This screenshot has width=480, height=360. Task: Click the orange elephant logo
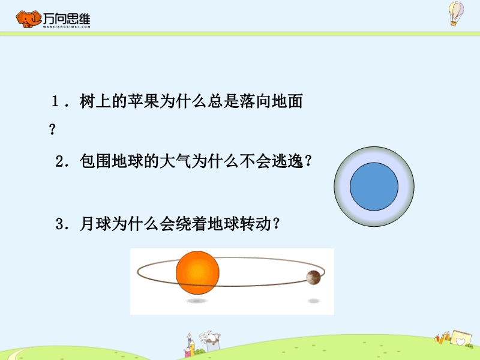[x=28, y=19]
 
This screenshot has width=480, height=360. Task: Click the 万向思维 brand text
[x=67, y=19]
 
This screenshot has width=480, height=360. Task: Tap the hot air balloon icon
[x=456, y=13]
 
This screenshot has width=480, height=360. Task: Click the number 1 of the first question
[x=55, y=101]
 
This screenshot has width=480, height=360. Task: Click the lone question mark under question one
[x=52, y=129]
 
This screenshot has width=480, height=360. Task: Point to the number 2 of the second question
[x=59, y=161]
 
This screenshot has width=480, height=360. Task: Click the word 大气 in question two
[x=175, y=161]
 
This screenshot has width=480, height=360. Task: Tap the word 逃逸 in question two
[x=287, y=161]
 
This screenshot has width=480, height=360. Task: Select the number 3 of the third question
[x=59, y=224]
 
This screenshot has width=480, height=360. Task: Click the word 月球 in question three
[x=95, y=223]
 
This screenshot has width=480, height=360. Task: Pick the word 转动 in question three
[x=255, y=223]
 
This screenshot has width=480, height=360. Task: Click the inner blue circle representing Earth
[x=374, y=187]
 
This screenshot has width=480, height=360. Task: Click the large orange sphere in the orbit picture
[x=197, y=272]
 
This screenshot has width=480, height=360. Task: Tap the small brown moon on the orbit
[x=313, y=278]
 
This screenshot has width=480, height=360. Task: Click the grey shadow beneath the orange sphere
[x=197, y=301]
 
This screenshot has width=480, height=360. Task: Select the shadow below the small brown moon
[x=314, y=301]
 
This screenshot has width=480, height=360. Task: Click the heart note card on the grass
[x=461, y=338]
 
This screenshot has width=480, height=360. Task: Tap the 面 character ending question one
[x=295, y=101]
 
